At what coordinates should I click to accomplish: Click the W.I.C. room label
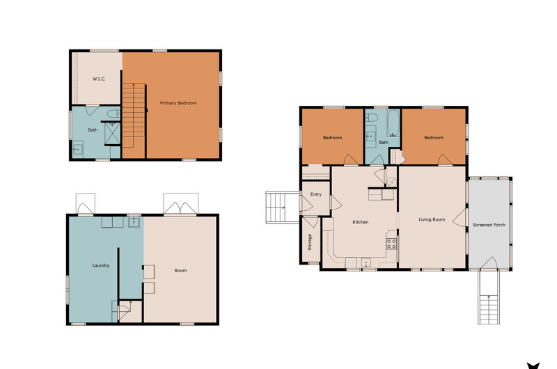(99, 79)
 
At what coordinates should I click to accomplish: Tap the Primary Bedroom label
(178, 103)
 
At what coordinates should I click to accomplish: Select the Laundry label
(101, 265)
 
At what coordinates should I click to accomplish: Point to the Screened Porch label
(489, 225)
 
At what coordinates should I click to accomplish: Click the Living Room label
(432, 219)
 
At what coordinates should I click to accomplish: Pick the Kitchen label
(360, 222)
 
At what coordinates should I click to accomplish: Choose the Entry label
(316, 194)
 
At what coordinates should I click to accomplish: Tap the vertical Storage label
(309, 242)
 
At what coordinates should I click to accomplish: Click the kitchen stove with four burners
(391, 243)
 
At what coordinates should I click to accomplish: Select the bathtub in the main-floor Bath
(393, 123)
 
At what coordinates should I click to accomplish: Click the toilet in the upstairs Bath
(114, 113)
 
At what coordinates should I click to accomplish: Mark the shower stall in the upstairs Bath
(113, 134)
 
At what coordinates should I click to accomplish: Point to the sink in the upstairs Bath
(77, 149)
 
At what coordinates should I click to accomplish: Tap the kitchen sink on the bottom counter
(366, 262)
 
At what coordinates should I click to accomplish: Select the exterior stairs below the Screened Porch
(489, 297)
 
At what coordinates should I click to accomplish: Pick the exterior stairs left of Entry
(283, 207)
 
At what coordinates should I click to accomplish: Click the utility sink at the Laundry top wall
(134, 222)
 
